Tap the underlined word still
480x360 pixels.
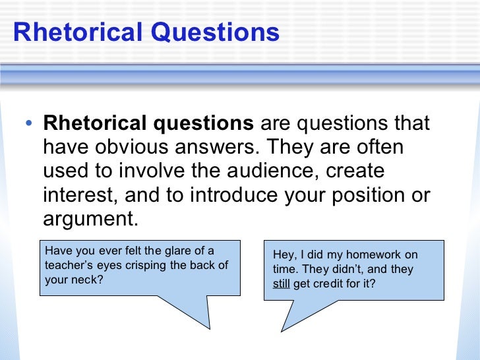click(280, 284)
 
